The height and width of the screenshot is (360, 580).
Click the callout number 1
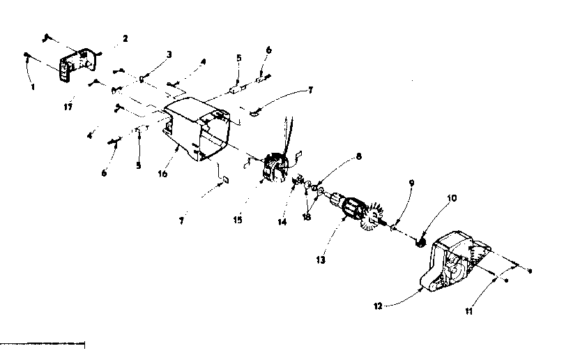tap(33, 87)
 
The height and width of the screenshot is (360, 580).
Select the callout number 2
tap(125, 38)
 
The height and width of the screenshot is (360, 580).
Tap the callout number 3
tap(169, 54)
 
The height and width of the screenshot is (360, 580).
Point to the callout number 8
tap(358, 156)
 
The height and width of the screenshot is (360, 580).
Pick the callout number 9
tap(412, 183)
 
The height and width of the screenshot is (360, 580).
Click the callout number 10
tap(452, 198)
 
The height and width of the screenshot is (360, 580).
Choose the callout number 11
tap(468, 311)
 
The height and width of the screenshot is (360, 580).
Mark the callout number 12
tap(378, 306)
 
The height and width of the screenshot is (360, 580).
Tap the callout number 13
tap(321, 260)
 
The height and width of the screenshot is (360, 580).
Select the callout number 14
tap(282, 222)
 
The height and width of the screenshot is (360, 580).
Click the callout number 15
tap(238, 220)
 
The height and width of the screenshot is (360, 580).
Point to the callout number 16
tap(162, 173)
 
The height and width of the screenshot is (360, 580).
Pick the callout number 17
tap(68, 107)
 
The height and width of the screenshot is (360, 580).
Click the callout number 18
tap(307, 217)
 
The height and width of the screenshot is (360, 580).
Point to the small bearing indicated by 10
tap(420, 243)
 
